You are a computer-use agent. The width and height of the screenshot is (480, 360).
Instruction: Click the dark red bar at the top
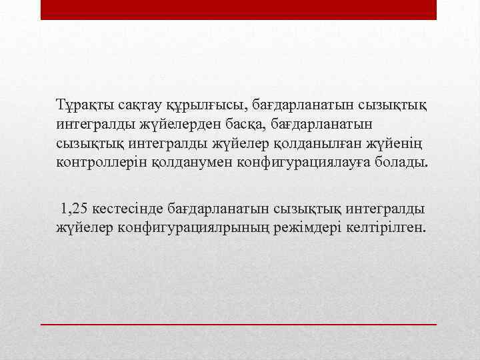tap(239, 9)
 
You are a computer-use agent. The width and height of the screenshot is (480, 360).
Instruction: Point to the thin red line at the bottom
tap(239, 323)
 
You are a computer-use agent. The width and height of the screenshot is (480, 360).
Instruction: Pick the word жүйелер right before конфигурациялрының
tap(85, 228)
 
